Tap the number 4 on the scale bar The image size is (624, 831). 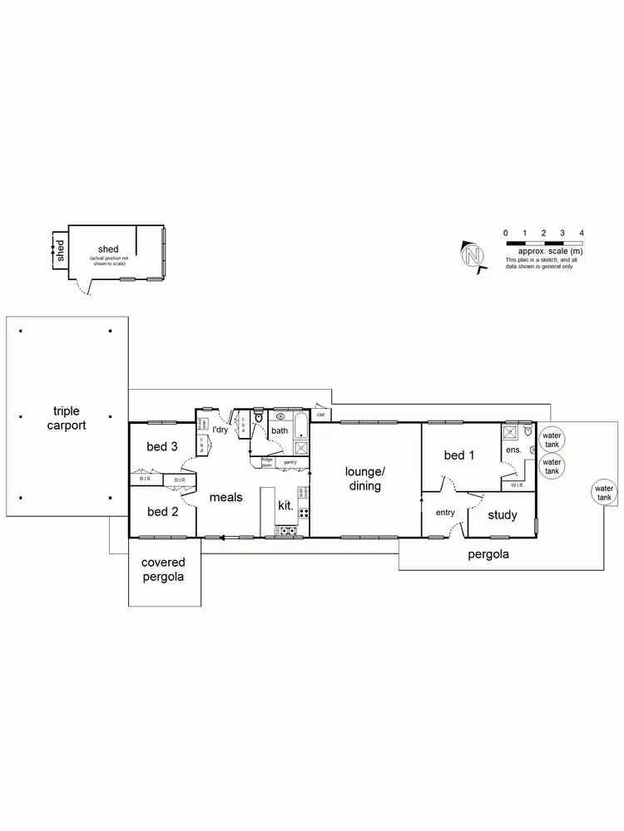[x=582, y=233]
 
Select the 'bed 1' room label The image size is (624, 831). [x=459, y=455]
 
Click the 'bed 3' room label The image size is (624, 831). [x=162, y=446]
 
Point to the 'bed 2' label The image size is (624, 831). [x=162, y=512]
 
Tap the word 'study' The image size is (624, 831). [x=502, y=515]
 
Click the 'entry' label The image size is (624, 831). [x=445, y=513]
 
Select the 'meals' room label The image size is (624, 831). [x=225, y=497]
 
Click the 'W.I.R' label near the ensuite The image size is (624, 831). [x=518, y=485]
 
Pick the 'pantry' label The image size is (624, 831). [x=290, y=462]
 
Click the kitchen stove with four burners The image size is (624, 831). [x=287, y=530]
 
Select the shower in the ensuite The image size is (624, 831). [x=509, y=432]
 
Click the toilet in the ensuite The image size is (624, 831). [x=527, y=431]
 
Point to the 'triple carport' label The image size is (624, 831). [x=69, y=417]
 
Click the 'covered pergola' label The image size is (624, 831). [x=163, y=570]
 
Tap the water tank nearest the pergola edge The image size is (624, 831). [x=604, y=492]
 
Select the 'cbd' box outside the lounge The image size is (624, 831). [x=320, y=414]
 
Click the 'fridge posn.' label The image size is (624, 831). [x=267, y=462]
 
